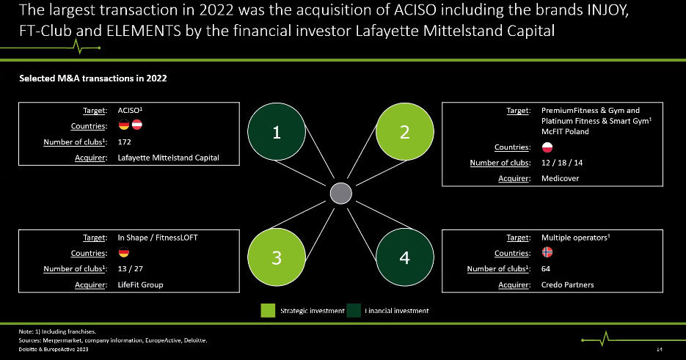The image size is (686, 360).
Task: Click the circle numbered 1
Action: click(277, 132)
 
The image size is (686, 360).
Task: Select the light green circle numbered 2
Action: click(404, 132)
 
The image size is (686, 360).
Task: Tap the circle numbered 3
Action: click(277, 258)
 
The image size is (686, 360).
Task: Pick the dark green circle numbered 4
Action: click(404, 258)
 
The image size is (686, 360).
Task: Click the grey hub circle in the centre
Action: click(341, 194)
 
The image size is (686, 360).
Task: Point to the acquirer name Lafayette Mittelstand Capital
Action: click(168, 158)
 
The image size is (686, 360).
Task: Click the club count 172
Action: click(124, 142)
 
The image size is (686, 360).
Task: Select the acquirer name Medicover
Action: click(560, 179)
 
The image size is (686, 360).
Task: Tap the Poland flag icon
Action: click(547, 147)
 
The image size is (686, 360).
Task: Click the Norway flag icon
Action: click(547, 253)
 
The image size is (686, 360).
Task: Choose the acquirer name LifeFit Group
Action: click(140, 284)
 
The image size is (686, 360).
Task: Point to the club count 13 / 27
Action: click(130, 269)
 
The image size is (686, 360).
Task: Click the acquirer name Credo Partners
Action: click(567, 284)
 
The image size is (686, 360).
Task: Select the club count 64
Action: click(546, 269)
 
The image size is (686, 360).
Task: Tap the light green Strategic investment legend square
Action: click(268, 311)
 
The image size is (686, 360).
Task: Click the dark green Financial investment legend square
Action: click(354, 311)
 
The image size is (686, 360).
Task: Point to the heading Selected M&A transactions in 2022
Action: click(92, 78)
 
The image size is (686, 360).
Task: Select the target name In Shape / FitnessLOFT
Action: click(157, 238)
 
